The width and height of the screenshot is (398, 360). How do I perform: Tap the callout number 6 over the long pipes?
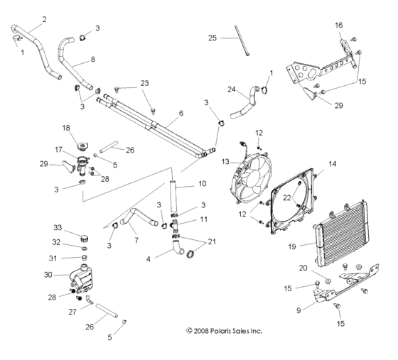181,113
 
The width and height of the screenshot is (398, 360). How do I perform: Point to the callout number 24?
231,89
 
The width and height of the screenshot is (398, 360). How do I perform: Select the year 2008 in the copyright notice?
204,330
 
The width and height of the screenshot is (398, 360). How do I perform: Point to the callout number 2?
44,19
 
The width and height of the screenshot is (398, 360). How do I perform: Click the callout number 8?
92,60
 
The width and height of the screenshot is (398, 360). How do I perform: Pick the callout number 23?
145,84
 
